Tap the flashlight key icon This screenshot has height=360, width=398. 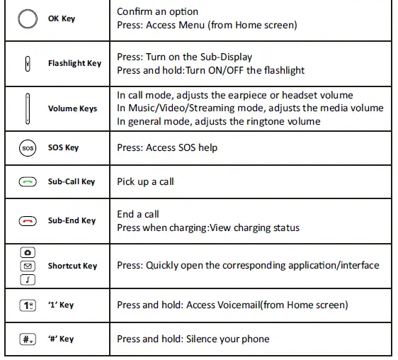pyautogui.click(x=27, y=63)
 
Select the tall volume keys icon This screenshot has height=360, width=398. pyautogui.click(x=27, y=108)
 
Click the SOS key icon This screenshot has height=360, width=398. pyautogui.click(x=26, y=148)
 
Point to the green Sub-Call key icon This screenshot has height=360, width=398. pyautogui.click(x=27, y=182)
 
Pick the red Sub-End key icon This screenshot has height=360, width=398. pyautogui.click(x=27, y=220)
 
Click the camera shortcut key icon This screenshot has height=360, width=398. pyautogui.click(x=27, y=253)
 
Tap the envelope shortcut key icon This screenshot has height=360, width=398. pyautogui.click(x=27, y=266)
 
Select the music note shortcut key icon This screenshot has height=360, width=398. pyautogui.click(x=27, y=279)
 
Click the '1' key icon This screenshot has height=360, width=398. pyautogui.click(x=27, y=305)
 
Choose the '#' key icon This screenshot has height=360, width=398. pyautogui.click(x=27, y=339)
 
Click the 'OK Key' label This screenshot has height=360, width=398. pyautogui.click(x=61, y=18)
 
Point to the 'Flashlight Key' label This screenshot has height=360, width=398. pyautogui.click(x=74, y=63)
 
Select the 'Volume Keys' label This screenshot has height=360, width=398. pyautogui.click(x=72, y=108)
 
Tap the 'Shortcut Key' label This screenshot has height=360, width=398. pyautogui.click(x=72, y=266)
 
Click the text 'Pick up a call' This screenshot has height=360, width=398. pyautogui.click(x=145, y=182)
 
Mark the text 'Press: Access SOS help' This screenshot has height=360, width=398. pyautogui.click(x=167, y=148)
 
